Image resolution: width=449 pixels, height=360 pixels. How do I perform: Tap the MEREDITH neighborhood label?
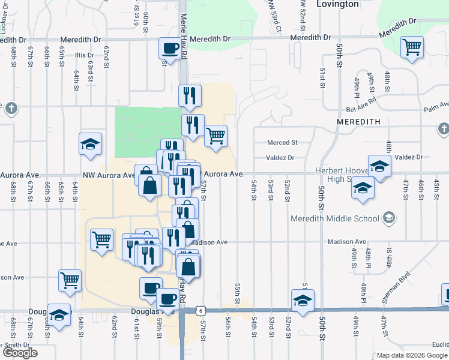pos(359,121)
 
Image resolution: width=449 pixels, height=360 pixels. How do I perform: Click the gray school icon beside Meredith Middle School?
pos(389,217)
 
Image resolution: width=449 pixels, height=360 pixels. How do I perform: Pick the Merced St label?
pos(283,143)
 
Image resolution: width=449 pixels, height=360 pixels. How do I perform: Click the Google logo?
pos(20,353)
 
